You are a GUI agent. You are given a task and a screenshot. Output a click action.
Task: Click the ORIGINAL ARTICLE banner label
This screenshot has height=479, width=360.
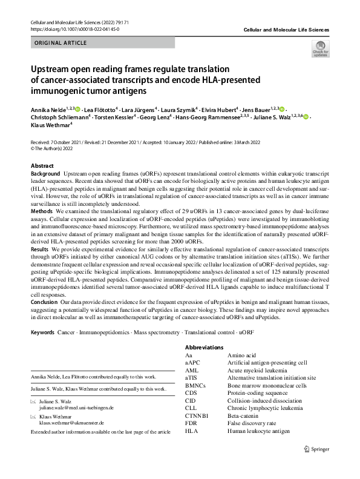[x=61, y=44]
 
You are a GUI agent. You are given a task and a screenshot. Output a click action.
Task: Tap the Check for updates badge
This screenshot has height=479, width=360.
[x=320, y=50]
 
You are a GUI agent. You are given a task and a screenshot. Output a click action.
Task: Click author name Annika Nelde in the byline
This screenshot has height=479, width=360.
[x=48, y=108]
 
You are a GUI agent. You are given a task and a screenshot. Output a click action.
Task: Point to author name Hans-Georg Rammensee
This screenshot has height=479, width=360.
[x=207, y=117]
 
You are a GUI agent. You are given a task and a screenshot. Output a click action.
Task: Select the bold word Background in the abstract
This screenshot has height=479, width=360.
[x=45, y=173]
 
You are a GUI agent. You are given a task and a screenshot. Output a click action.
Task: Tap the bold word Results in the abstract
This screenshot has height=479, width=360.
[x=40, y=248]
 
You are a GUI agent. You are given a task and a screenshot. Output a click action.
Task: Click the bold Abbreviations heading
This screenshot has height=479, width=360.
[x=204, y=347]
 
